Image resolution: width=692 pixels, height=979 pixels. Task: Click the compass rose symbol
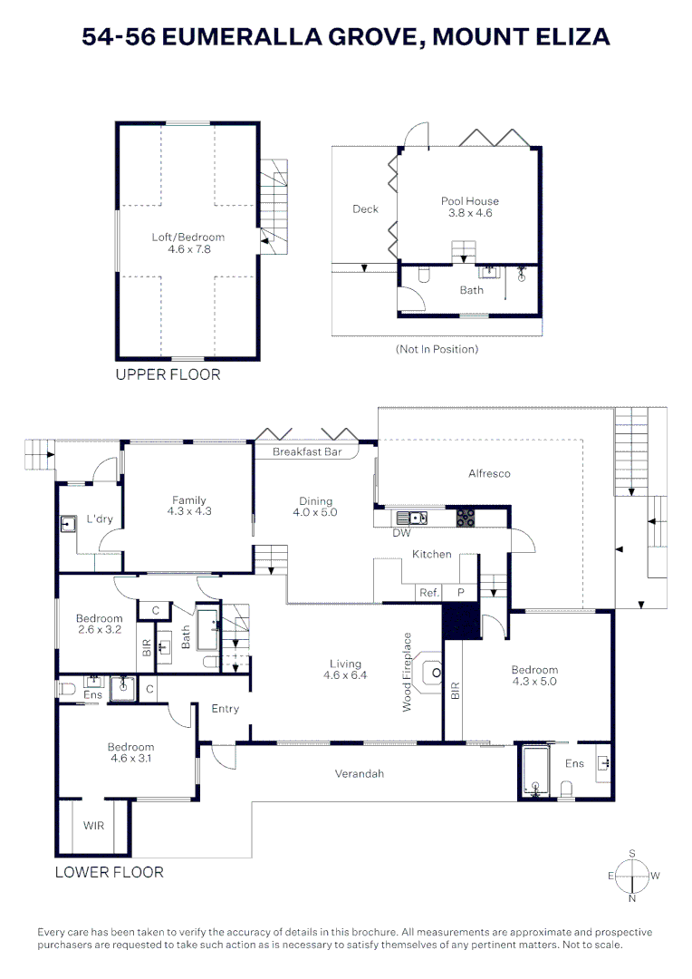[x=632, y=875]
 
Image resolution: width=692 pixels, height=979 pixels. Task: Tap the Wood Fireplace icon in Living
[x=436, y=673]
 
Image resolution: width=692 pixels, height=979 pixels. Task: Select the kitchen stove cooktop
[x=465, y=518]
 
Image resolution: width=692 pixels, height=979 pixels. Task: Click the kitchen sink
[x=416, y=518]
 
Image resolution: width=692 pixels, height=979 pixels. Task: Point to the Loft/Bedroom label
[x=187, y=237]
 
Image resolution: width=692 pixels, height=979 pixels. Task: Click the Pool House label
[x=469, y=201]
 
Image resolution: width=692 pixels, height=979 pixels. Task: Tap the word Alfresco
[x=489, y=473]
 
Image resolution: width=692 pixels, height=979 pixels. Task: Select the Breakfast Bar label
[x=307, y=451]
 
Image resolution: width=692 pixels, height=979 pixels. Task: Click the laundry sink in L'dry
[x=68, y=524]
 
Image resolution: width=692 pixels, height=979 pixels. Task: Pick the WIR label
[x=94, y=826]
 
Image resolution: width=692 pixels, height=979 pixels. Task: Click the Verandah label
[x=360, y=773]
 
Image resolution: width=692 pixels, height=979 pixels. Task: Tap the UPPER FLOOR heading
[x=168, y=374]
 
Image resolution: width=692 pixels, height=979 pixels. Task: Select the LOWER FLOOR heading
[x=110, y=872]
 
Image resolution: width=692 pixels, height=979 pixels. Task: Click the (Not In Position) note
[x=437, y=349]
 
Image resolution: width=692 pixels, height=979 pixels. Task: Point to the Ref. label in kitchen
[x=428, y=593]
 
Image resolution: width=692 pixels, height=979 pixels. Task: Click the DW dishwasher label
[x=401, y=533]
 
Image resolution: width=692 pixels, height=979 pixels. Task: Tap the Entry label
[x=225, y=708]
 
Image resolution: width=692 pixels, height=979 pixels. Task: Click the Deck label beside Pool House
[x=365, y=209]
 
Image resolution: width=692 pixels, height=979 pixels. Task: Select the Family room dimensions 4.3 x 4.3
[x=188, y=511]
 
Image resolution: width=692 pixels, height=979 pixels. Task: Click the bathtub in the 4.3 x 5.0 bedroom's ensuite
[x=535, y=771]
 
